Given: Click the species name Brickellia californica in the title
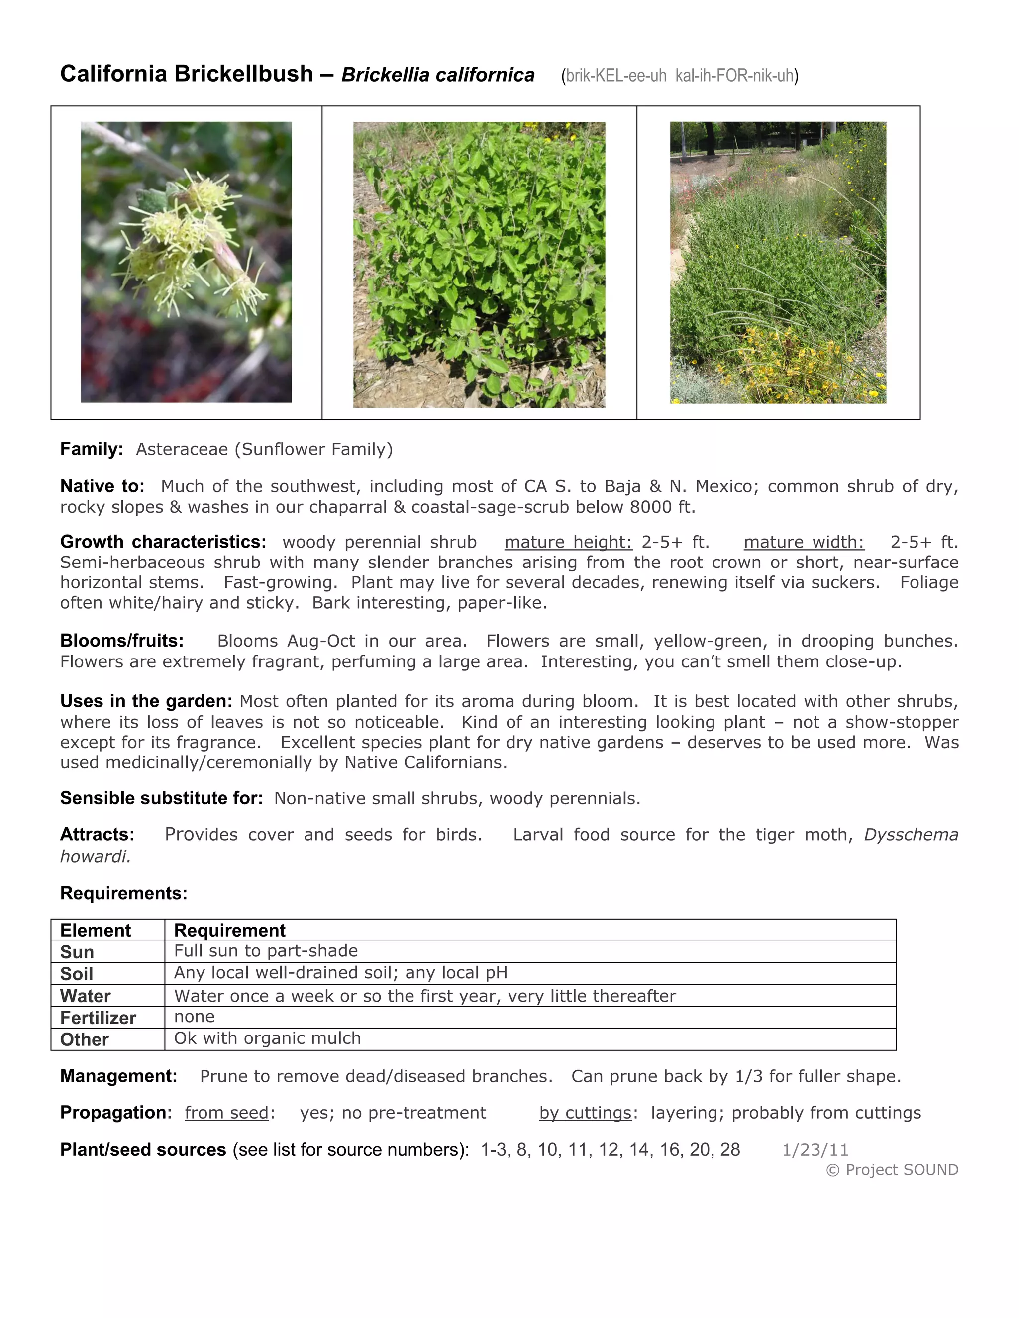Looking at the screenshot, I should pyautogui.click(x=438, y=75).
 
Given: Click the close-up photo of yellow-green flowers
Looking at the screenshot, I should pyautogui.click(x=186, y=262).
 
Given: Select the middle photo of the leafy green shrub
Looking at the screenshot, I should pyautogui.click(x=479, y=264).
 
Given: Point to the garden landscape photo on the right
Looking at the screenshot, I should pyautogui.click(x=778, y=263).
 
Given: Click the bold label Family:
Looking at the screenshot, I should pyautogui.click(x=92, y=449).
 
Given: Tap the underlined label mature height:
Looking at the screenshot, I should pyautogui.click(x=568, y=542).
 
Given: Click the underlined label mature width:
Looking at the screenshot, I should pyautogui.click(x=804, y=542).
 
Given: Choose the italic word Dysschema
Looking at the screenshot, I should pyautogui.click(x=911, y=834).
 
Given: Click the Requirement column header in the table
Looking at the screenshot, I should pyautogui.click(x=229, y=930).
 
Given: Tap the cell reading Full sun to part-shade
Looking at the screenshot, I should pyautogui.click(x=266, y=951).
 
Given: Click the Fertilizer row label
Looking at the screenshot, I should pyautogui.click(x=98, y=1018).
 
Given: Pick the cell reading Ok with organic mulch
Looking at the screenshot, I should pyautogui.click(x=267, y=1038).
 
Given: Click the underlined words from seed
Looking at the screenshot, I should pyautogui.click(x=226, y=1112).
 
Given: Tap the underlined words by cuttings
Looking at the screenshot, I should pyautogui.click(x=585, y=1112).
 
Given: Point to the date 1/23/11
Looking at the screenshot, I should pyautogui.click(x=815, y=1149).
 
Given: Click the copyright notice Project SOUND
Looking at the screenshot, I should pyautogui.click(x=892, y=1170).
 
